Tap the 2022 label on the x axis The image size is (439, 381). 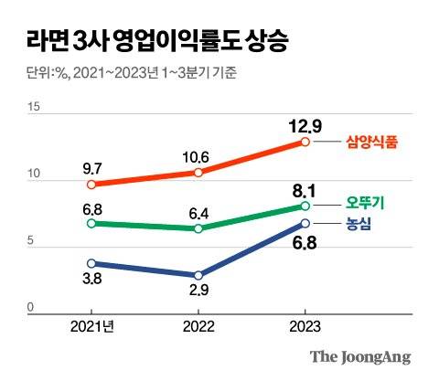tap(198, 326)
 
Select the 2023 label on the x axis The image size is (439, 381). tap(305, 326)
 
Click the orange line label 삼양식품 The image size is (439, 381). tap(375, 142)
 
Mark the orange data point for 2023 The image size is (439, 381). tap(305, 142)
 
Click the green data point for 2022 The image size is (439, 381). tap(198, 228)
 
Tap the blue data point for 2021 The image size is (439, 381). tap(91, 263)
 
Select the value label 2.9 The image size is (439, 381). tap(198, 293)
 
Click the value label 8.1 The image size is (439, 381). tap(305, 190)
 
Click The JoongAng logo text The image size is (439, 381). tap(359, 357)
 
